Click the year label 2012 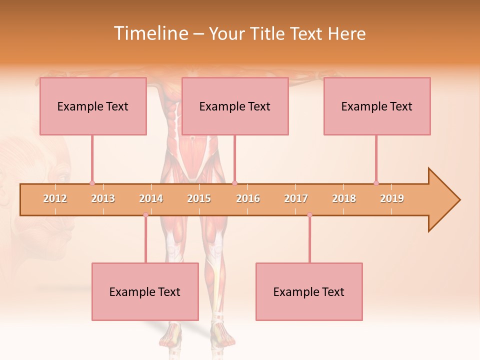[x=55, y=198]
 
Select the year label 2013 [x=103, y=198]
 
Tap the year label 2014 [x=151, y=198]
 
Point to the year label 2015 [x=199, y=198]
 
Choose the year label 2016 [x=248, y=198]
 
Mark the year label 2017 [x=296, y=198]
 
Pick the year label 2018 [x=344, y=198]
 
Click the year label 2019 [x=392, y=198]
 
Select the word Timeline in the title [x=149, y=33]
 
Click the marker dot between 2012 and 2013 [x=92, y=183]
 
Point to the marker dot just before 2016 [x=234, y=183]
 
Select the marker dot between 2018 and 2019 [x=376, y=183]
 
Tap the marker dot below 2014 [x=145, y=215]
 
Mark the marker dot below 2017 [x=309, y=215]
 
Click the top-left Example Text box [x=93, y=106]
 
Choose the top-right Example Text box [x=377, y=106]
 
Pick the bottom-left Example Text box [x=145, y=291]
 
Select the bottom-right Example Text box [x=309, y=291]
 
